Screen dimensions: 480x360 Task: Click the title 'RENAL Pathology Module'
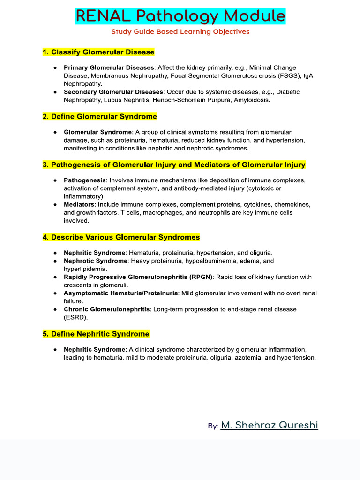180,16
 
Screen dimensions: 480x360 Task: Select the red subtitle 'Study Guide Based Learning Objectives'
180,32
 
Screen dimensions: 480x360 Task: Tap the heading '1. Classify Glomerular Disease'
98,52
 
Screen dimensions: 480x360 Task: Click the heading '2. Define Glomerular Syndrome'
100,116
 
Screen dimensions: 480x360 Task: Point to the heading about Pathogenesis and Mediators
174,165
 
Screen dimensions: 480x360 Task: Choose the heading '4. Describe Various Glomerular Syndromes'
121,237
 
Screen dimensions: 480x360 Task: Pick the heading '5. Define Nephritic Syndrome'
96,334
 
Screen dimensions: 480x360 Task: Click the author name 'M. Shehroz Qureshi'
269,425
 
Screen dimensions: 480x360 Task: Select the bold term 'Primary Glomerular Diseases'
109,68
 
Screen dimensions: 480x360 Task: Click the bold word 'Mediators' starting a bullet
79,205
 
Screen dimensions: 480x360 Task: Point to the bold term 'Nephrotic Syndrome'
95,261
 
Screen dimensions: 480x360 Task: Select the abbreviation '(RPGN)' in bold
201,277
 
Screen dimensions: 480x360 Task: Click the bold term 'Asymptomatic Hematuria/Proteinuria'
120,293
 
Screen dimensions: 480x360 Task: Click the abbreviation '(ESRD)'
75,317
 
